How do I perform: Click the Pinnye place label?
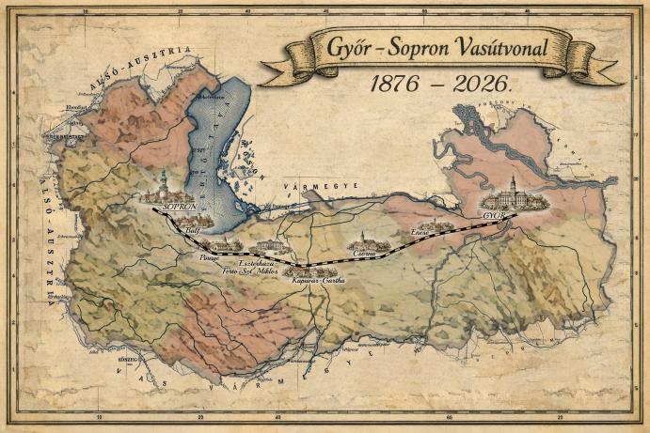click(209, 255)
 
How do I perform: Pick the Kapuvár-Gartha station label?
click(320, 281)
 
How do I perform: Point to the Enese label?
click(420, 232)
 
